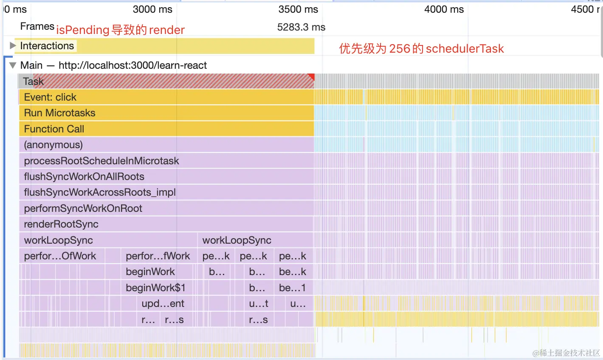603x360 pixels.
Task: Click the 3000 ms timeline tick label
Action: [x=152, y=9]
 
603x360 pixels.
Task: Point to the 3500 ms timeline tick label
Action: [x=298, y=9]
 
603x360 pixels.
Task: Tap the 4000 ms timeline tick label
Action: [x=444, y=9]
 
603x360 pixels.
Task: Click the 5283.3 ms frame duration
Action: [x=301, y=27]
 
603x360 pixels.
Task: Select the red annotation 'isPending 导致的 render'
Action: [x=120, y=30]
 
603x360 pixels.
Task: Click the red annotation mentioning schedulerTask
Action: [x=421, y=49]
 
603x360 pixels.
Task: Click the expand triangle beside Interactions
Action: [x=13, y=45]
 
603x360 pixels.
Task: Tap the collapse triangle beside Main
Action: [x=13, y=65]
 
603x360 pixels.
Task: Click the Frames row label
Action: [x=37, y=26]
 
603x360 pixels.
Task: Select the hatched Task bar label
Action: [x=34, y=81]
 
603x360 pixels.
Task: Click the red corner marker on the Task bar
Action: [x=311, y=76]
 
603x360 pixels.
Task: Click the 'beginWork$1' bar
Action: [x=155, y=288]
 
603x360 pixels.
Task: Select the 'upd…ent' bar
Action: [x=163, y=304]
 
